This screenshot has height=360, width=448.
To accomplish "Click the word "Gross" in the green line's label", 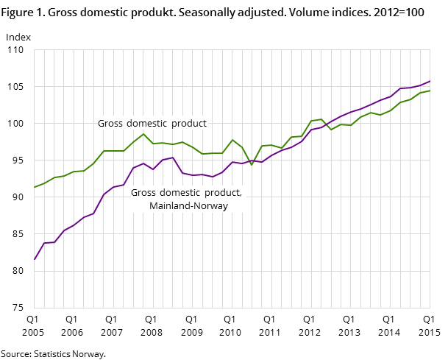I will (110, 124).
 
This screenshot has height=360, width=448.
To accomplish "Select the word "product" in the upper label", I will (190, 124).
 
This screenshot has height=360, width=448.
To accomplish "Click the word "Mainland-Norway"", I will (188, 206).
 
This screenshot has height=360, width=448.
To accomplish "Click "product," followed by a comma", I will (224, 193).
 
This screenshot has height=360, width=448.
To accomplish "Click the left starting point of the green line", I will (34, 187).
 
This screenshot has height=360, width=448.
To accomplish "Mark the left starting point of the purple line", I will (34, 259).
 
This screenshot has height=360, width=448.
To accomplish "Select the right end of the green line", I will (430, 91).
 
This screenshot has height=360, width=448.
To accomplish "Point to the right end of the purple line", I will (430, 81).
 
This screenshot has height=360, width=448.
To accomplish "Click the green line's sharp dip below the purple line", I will (252, 165).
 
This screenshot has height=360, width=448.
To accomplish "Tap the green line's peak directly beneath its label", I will (143, 133).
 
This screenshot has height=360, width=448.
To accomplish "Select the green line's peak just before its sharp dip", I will (232, 140).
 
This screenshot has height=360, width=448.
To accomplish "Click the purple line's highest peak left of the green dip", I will (173, 158).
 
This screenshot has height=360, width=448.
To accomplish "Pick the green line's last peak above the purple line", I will (321, 119).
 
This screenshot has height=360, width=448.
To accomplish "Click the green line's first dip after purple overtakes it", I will (331, 130).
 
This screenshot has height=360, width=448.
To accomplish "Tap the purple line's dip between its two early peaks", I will (153, 169).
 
